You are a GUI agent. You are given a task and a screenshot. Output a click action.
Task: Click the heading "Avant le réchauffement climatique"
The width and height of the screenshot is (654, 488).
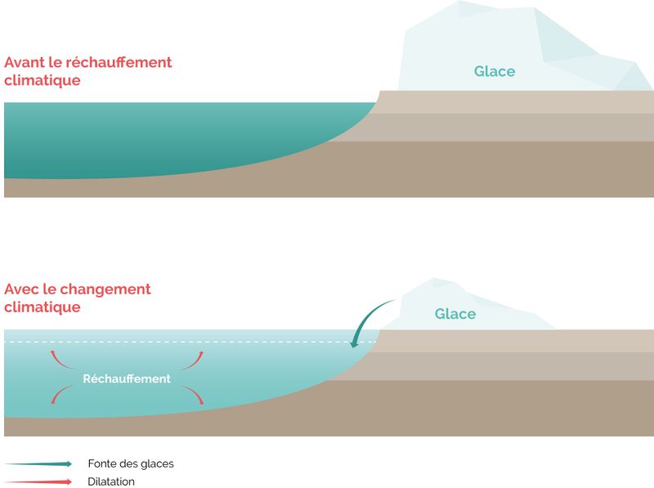click(x=87, y=71)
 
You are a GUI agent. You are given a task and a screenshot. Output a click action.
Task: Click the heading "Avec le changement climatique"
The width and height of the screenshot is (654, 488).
click(x=78, y=298)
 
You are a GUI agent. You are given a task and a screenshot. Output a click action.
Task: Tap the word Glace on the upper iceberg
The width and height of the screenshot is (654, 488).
click(x=495, y=71)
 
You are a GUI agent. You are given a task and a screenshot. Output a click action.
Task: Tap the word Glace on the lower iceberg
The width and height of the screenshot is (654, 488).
click(x=455, y=314)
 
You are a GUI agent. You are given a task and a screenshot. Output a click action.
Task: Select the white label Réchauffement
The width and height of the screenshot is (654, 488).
click(x=127, y=378)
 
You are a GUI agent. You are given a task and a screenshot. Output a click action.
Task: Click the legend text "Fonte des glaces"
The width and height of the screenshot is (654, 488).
click(x=131, y=463)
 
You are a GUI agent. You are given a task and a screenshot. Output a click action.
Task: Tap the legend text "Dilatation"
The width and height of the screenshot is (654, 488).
click(x=111, y=481)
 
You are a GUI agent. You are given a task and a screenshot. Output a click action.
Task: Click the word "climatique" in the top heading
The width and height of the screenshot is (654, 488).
click(x=43, y=80)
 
